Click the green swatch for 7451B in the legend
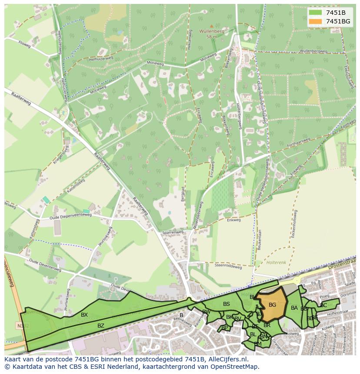316,13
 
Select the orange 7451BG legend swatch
316,21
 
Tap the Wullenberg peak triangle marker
212,26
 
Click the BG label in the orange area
272,305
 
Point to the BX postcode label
84,315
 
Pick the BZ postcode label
101,325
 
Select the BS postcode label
226,304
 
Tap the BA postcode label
294,308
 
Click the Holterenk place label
276,262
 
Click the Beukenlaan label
260,239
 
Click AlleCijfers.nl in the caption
227,359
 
